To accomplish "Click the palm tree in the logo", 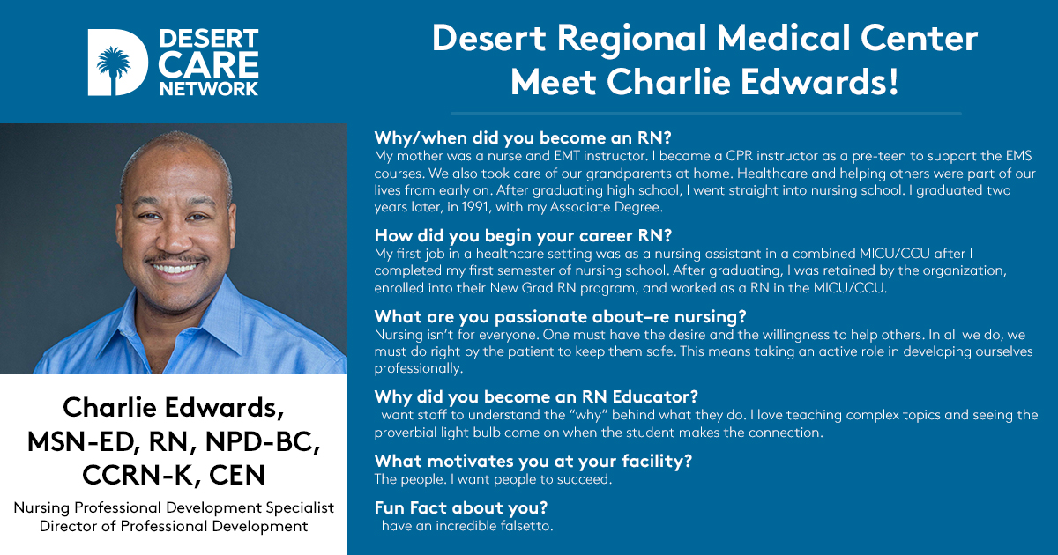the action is (114, 68).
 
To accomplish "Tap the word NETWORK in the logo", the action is (209, 89).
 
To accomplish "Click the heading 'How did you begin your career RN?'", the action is (523, 235).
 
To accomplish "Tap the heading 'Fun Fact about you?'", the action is (461, 507).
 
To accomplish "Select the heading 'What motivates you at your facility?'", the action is (533, 461).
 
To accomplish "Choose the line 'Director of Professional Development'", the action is (174, 526).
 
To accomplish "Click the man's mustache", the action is (175, 259).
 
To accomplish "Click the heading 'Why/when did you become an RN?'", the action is (523, 137).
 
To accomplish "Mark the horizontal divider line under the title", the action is (706, 114).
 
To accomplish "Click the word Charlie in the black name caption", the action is (109, 407).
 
